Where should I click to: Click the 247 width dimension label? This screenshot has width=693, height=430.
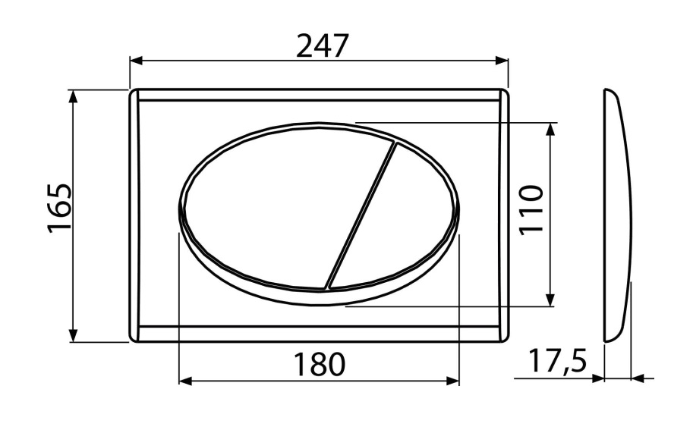tap(323, 46)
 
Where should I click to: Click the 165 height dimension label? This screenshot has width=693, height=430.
tap(58, 209)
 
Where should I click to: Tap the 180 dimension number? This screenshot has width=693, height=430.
tap(319, 365)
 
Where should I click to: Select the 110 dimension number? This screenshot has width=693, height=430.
tap(531, 211)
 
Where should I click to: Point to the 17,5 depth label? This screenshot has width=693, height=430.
tap(557, 361)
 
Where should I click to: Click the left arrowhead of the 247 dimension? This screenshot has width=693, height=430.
tap(136, 61)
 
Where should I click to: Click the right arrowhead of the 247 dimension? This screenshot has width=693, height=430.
tap(502, 61)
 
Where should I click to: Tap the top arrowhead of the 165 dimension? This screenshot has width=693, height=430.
tap(74, 96)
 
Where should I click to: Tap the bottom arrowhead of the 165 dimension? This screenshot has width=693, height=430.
tap(74, 335)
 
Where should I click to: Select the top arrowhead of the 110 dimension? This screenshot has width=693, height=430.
tap(550, 130)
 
